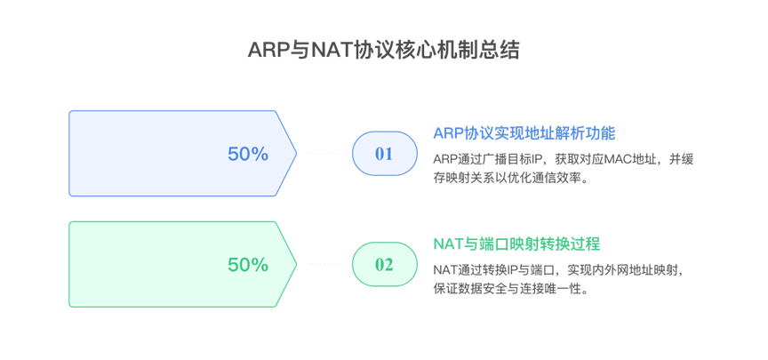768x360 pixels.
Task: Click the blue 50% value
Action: tap(248, 154)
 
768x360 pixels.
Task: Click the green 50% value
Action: tap(248, 264)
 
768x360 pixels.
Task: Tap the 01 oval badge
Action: tap(384, 154)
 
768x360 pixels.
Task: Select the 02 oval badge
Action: tap(384, 264)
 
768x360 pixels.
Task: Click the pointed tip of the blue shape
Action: tap(296, 153)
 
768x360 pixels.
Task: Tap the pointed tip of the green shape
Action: tap(296, 264)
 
